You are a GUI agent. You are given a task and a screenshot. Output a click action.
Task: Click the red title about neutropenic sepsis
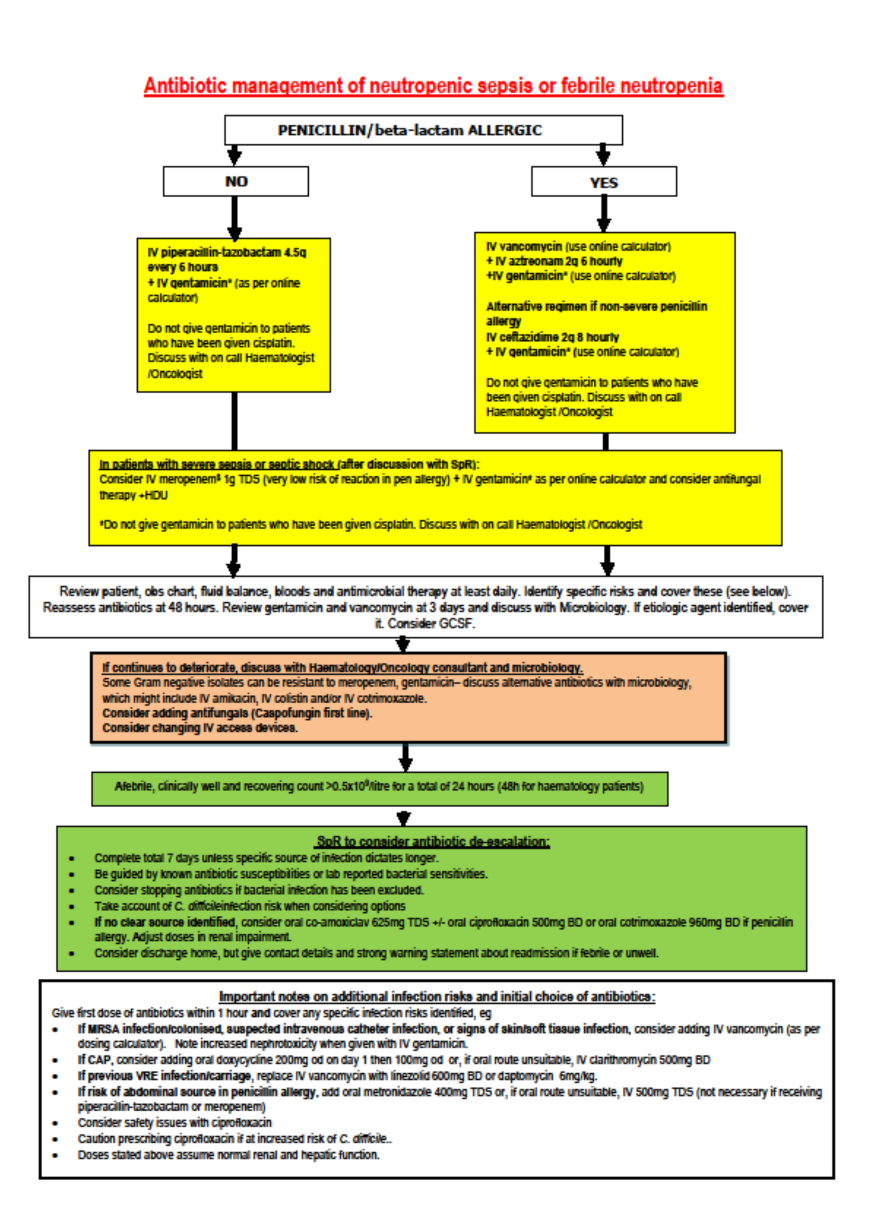[433, 86]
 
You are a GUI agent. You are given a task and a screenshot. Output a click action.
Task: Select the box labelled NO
[236, 181]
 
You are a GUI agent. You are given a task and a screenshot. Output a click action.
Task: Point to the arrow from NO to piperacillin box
[234, 217]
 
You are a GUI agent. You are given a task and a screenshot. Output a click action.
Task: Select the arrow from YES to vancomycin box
[604, 214]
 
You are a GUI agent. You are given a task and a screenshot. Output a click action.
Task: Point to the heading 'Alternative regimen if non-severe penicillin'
[596, 307]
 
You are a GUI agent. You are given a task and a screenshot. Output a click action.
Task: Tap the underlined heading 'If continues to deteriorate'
[342, 668]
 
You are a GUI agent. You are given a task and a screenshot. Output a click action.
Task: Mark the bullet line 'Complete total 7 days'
[266, 858]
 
